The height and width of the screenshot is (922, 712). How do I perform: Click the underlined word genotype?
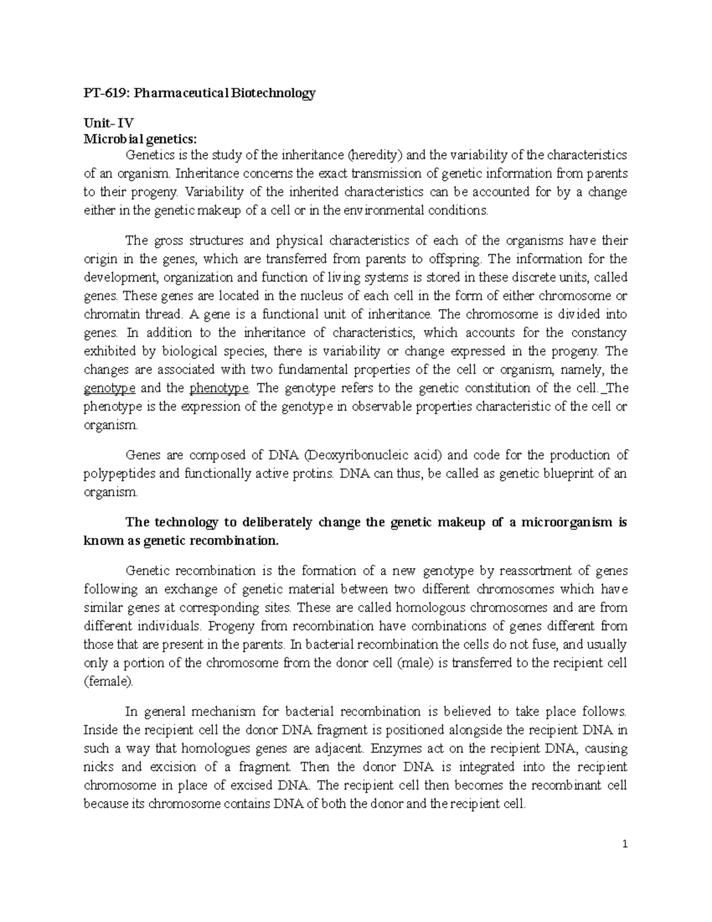[110, 388]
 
